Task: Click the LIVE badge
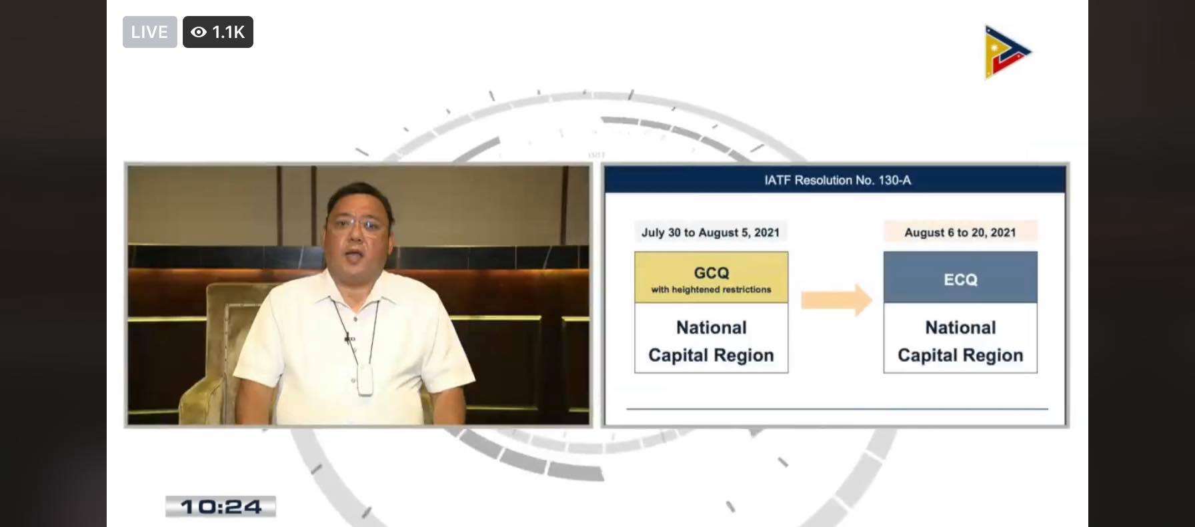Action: tap(149, 32)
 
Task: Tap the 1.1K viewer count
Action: tap(228, 32)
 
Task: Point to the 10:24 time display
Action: tap(221, 507)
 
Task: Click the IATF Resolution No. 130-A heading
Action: tap(838, 180)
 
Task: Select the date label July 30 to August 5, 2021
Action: tap(710, 233)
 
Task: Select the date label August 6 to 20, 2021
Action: tap(960, 233)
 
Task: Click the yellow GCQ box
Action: tap(712, 277)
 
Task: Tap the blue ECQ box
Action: tap(960, 277)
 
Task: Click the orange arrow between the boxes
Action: tap(836, 300)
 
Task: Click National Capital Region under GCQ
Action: tap(712, 341)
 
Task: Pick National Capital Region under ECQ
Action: tap(960, 341)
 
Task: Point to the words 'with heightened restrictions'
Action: tap(712, 290)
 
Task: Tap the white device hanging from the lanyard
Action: tap(365, 380)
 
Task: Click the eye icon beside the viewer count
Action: tap(199, 32)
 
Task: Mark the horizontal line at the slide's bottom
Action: tap(838, 408)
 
